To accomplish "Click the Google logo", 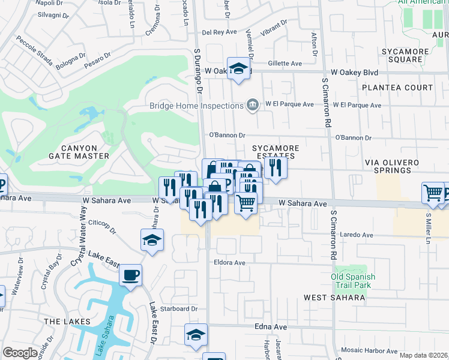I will pyautogui.click(x=20, y=353).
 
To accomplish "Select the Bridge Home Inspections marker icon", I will pyautogui.click(x=253, y=106).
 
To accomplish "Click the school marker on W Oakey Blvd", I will pyautogui.click(x=238, y=70).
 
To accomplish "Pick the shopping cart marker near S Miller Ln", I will pyautogui.click(x=433, y=194).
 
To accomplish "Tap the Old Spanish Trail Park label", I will pyautogui.click(x=353, y=280).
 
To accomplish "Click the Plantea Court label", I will pyautogui.click(x=397, y=88).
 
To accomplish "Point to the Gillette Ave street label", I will pyautogui.click(x=285, y=63).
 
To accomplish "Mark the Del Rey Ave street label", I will pyautogui.click(x=221, y=32).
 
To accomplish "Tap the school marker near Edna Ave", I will pyautogui.click(x=196, y=337).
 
